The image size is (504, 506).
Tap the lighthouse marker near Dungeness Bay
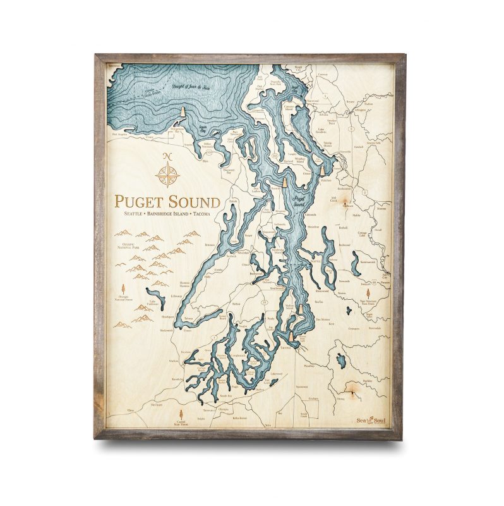tap(183, 112)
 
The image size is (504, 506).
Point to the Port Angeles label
tap(119, 134)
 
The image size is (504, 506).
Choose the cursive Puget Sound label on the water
tap(299, 202)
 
